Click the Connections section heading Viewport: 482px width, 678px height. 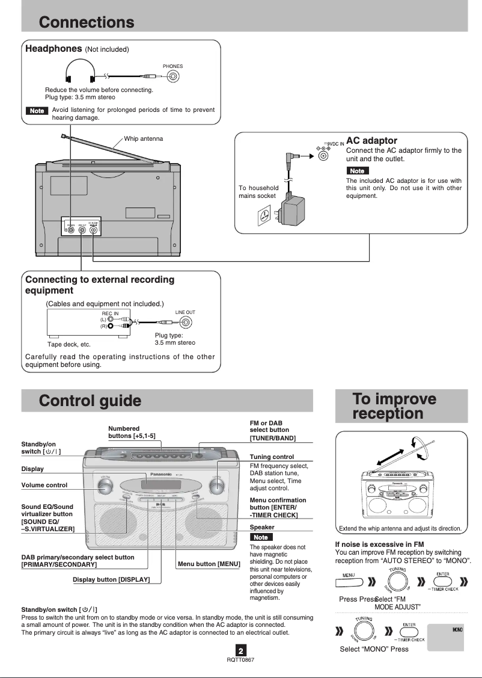coord(87,22)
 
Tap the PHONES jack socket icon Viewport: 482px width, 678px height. coord(173,76)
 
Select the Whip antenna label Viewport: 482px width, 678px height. coord(143,138)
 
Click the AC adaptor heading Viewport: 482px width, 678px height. coord(371,140)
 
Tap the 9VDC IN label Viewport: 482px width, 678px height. coord(334,144)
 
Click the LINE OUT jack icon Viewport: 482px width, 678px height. coord(186,322)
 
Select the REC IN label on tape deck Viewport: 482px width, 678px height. coord(110,313)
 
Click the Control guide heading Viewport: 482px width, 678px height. coord(90,401)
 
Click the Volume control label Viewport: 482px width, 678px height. coord(44,485)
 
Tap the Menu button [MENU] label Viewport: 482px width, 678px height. coord(209,564)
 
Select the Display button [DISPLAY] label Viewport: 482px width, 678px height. coord(111,579)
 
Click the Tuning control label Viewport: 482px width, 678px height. coord(272,457)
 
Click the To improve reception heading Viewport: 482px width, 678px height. coord(394,406)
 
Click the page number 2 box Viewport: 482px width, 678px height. coord(240,650)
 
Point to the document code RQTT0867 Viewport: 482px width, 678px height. coord(240,660)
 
